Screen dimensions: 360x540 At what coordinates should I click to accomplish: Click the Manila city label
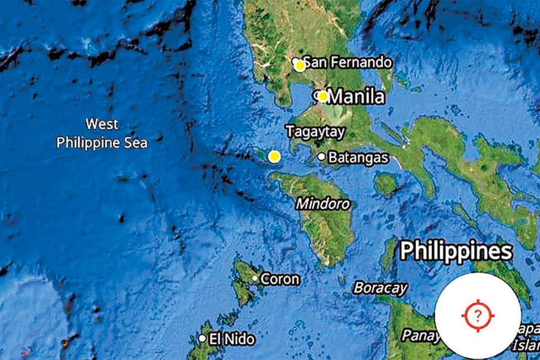point(356,97)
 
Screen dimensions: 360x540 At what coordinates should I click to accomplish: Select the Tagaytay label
point(315,132)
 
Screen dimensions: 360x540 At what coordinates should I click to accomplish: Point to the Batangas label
point(358,157)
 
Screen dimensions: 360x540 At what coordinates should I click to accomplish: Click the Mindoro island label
point(323,204)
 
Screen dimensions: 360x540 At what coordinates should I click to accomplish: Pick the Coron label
point(279,279)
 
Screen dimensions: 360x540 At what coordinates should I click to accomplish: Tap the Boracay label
point(380,288)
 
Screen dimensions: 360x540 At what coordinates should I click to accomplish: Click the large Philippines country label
point(456,250)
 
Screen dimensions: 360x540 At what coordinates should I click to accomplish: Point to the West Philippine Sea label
point(102,133)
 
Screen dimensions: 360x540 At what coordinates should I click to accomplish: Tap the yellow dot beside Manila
point(323,96)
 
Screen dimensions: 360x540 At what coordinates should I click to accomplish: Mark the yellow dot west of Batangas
point(274,157)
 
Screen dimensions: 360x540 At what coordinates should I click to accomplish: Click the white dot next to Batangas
point(321,157)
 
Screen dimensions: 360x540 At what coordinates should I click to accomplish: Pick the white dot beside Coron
point(255,279)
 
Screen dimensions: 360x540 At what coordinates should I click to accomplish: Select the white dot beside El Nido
point(202,338)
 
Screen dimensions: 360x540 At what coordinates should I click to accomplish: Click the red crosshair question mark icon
point(478,315)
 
